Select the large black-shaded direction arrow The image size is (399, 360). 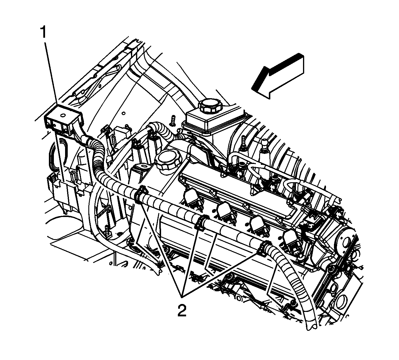point(279,76)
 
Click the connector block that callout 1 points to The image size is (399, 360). point(64,120)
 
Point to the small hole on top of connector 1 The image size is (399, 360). point(63,115)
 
